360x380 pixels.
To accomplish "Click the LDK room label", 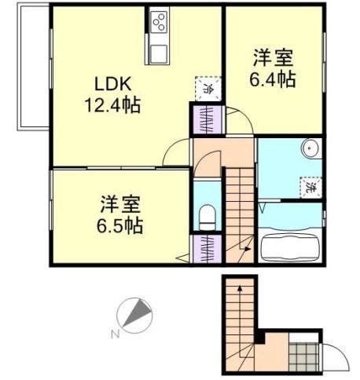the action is coord(112,84).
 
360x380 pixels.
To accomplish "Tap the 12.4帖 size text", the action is coord(112,105).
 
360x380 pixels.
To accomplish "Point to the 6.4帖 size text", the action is coord(273,79).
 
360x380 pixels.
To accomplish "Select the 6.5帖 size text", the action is coord(119,225).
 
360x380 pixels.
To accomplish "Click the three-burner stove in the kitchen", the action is coord(159,22).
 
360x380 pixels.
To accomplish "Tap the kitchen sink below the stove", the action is coord(159,53).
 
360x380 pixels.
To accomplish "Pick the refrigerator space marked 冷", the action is coord(208,89).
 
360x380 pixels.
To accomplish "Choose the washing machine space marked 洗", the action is coord(311,188).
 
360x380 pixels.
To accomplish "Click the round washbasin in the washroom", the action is coord(310,148).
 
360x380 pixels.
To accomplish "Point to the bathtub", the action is coord(291,247).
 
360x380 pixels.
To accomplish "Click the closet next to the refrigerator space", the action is coord(208,119).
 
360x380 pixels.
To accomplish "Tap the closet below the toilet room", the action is coord(208,249).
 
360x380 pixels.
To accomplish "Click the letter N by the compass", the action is coord(116,334).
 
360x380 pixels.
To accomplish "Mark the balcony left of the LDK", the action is coord(33,67).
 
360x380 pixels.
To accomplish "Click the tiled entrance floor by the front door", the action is coord(304,356).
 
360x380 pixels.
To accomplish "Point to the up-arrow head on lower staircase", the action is coord(240,288).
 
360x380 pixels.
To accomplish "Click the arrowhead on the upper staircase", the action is coord(248,250).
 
